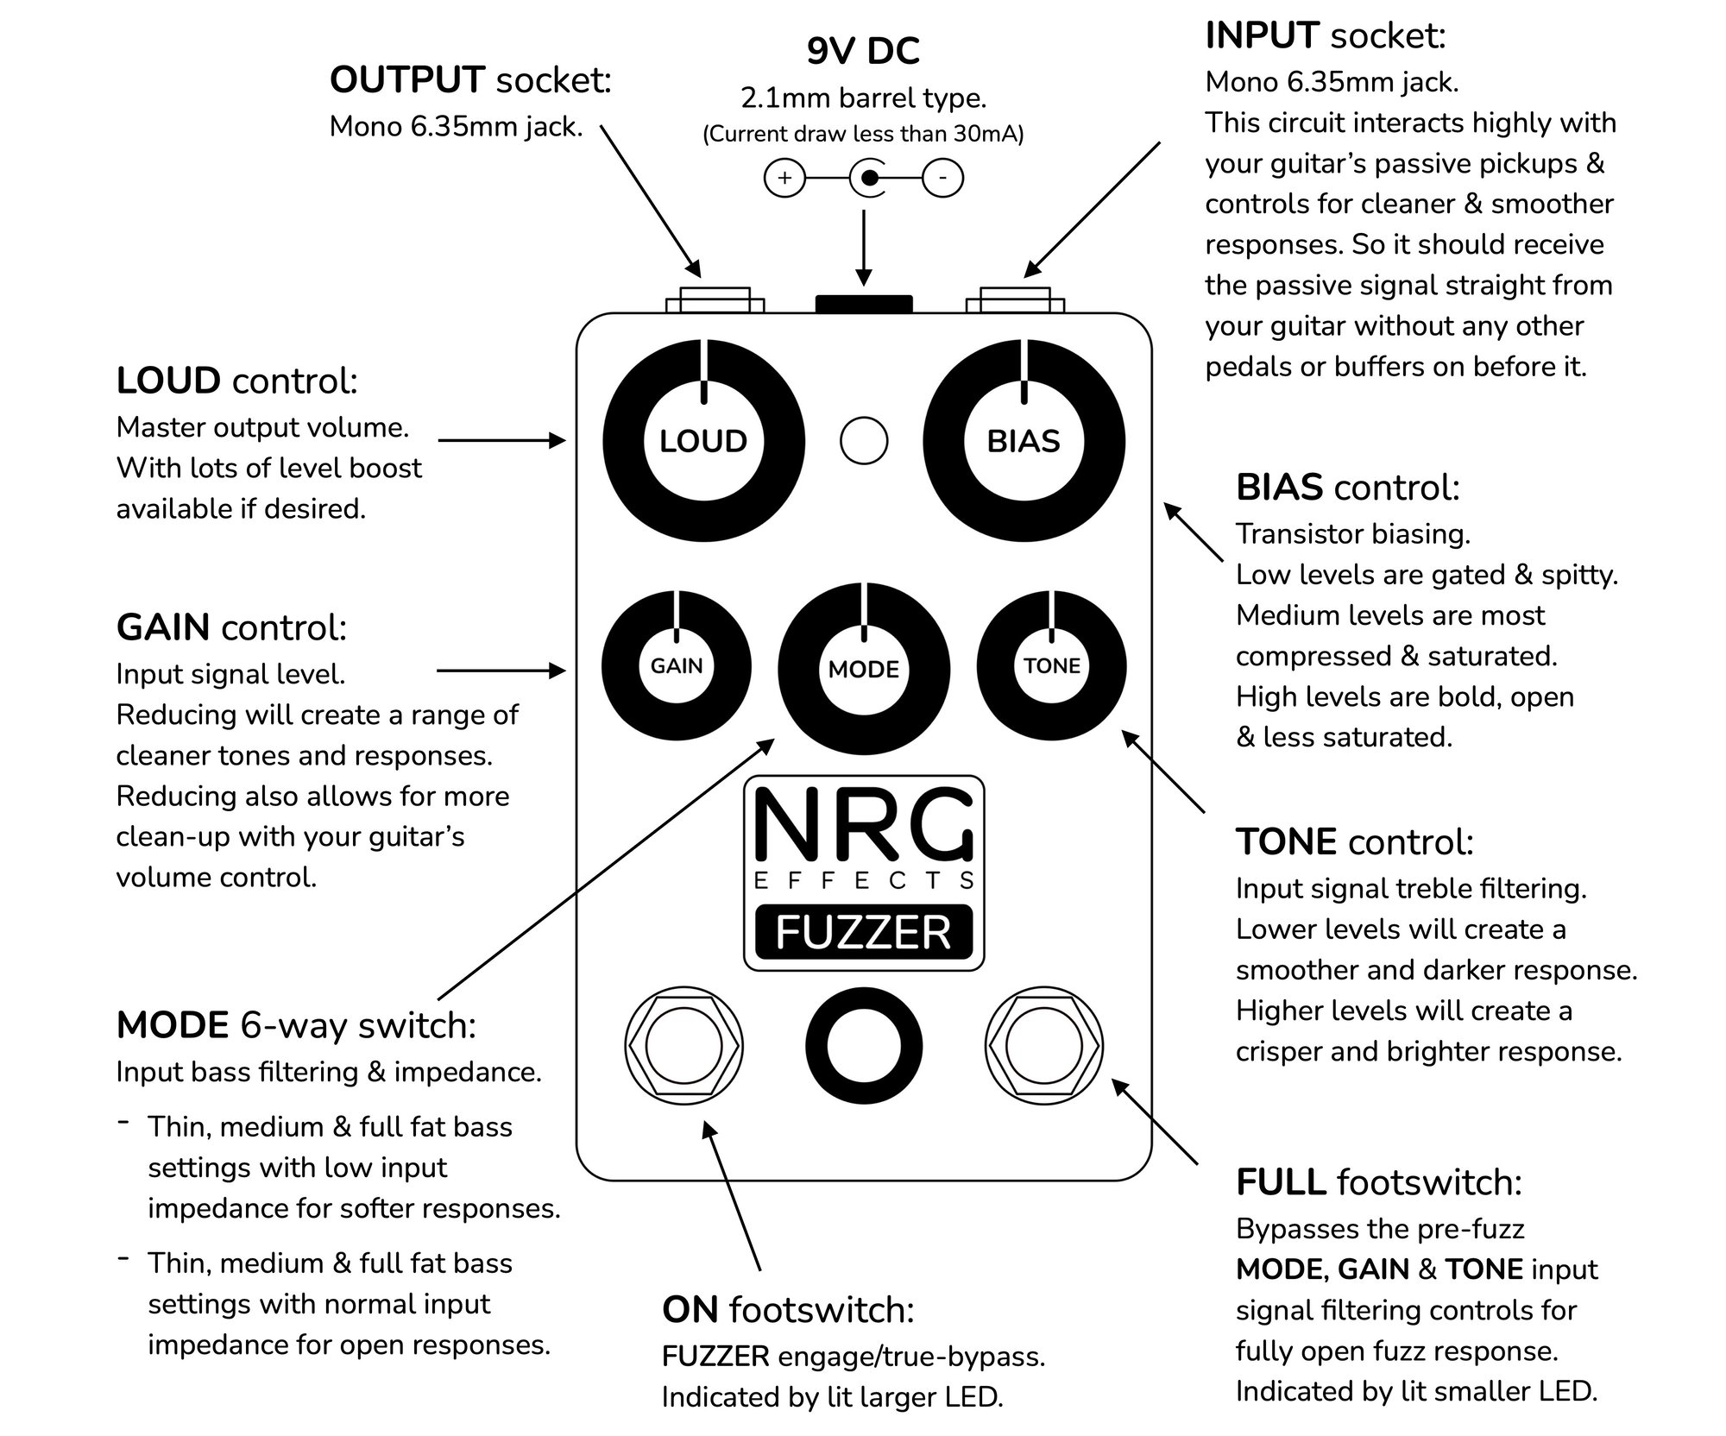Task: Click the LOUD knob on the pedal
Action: coord(703,441)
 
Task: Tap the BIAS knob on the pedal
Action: coord(1024,441)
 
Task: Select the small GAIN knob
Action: coord(677,665)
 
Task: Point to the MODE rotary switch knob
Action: coord(864,670)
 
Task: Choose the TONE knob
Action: coord(1052,665)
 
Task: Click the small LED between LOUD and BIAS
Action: coord(864,441)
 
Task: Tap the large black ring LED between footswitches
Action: coord(864,1046)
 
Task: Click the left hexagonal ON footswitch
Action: coord(683,1046)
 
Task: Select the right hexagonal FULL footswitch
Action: coord(1043,1046)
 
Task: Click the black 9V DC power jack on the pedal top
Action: coord(864,304)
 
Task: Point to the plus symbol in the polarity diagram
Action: coord(784,179)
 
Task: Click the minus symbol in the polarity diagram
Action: coord(943,179)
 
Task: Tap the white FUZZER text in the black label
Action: coord(864,932)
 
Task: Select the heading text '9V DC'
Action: coord(863,52)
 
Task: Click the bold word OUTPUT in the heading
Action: coord(407,80)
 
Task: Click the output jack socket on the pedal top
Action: coord(715,300)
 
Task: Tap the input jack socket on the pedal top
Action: coord(1015,300)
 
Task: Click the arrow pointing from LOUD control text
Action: coord(501,441)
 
